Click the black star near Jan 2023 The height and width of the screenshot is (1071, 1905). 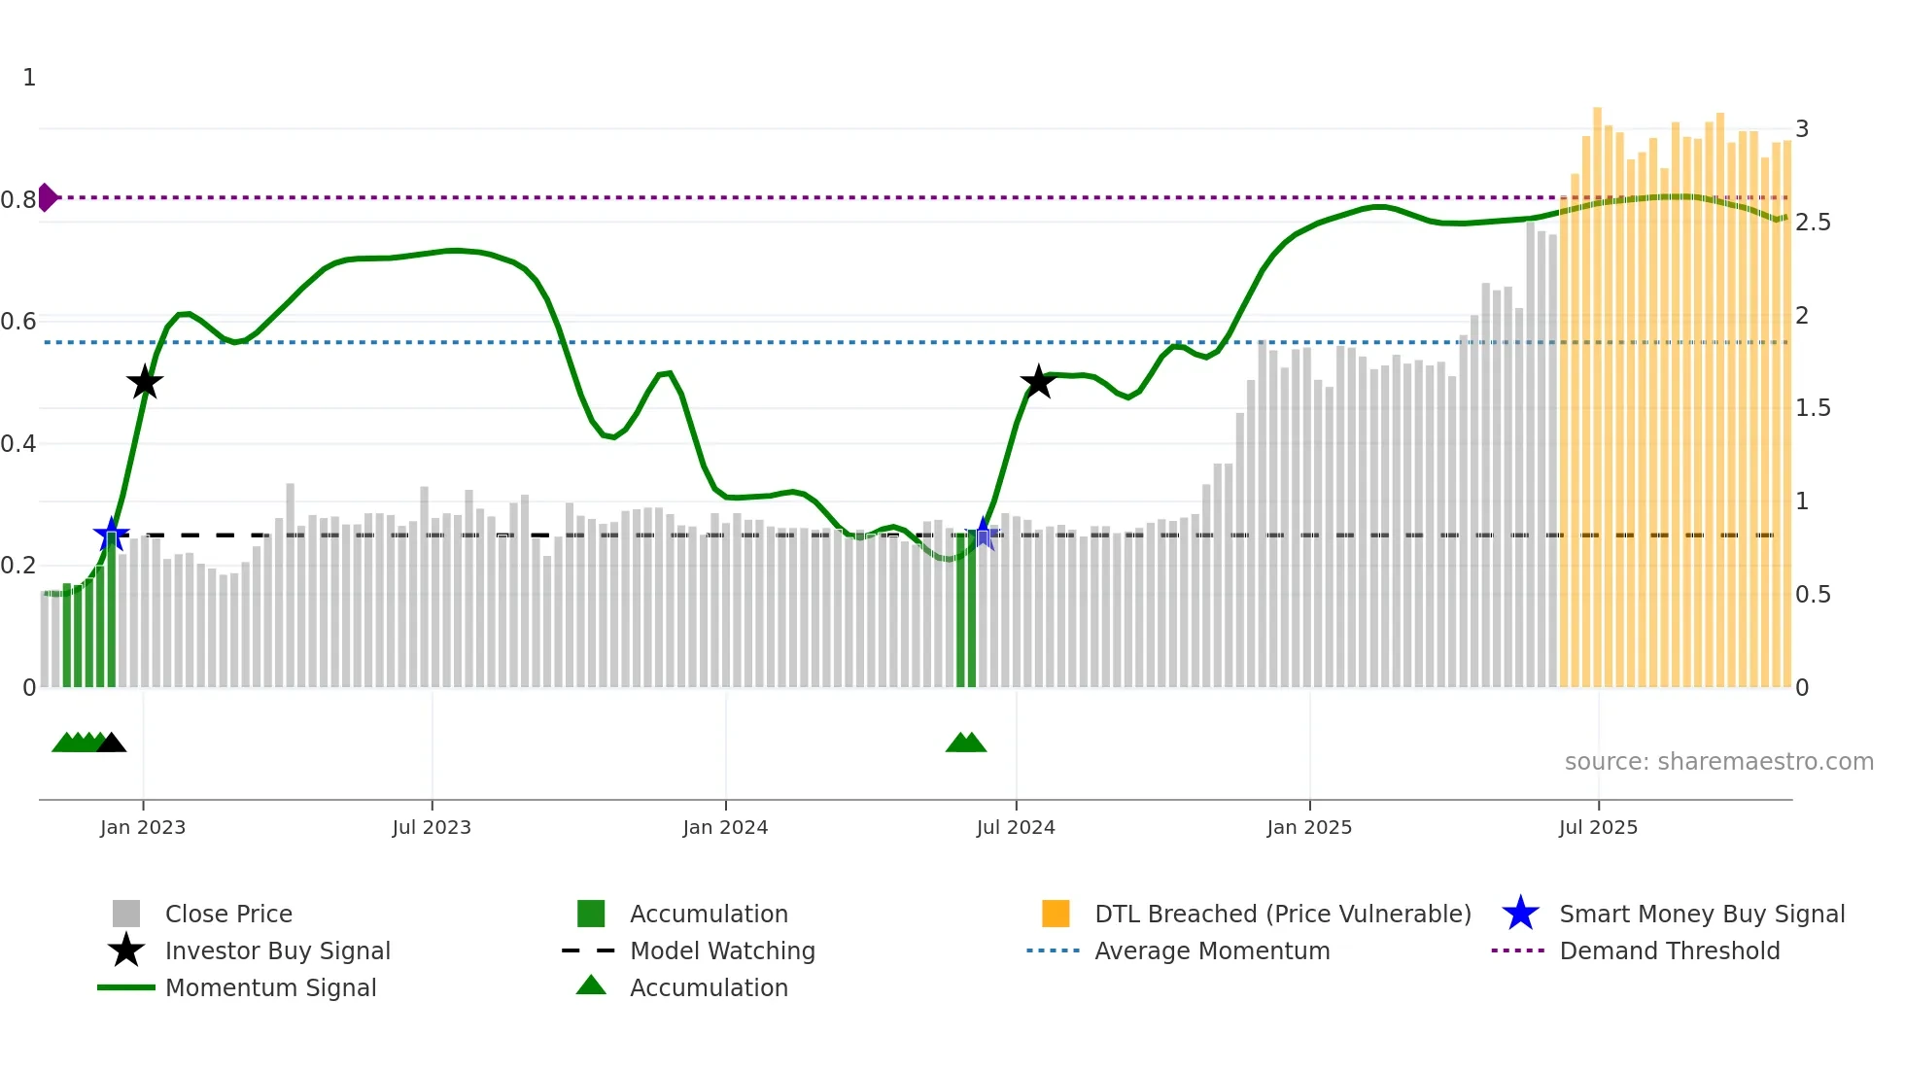145,383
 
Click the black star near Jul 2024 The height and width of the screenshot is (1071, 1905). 1038,382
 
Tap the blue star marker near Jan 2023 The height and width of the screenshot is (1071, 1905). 111,534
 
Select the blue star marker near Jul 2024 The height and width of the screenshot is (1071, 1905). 984,534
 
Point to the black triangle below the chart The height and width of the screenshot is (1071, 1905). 112,743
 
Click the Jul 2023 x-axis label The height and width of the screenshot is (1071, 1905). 432,827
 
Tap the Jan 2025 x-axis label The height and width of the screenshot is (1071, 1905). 1309,827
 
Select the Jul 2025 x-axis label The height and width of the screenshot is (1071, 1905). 1598,827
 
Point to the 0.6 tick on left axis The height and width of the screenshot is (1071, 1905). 18,322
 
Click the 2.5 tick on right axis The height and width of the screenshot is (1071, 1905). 1813,223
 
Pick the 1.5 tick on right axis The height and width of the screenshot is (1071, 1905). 1813,408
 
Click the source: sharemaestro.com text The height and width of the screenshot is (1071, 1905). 1718,762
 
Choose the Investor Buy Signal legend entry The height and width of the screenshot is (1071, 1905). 277,950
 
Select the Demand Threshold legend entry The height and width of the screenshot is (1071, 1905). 1669,950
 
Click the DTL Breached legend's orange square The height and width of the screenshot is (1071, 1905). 1056,914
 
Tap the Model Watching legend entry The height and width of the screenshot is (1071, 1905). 722,950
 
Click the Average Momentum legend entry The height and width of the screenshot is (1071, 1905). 1212,950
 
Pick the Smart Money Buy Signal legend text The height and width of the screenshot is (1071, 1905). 1702,914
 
